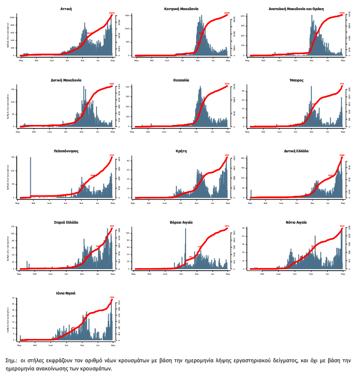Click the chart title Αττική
pos(66,9)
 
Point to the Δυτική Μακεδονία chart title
pos(66,80)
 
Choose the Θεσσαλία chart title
pos(181,80)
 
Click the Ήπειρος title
pos(296,80)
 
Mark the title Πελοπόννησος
pos(66,151)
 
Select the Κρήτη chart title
pos(181,151)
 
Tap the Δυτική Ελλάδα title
pos(296,151)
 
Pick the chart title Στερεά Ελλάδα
pos(66,222)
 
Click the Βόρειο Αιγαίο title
pos(181,222)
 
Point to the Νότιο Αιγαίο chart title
pos(296,222)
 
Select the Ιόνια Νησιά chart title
pos(66,292)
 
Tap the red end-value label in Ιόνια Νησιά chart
pos(112,298)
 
